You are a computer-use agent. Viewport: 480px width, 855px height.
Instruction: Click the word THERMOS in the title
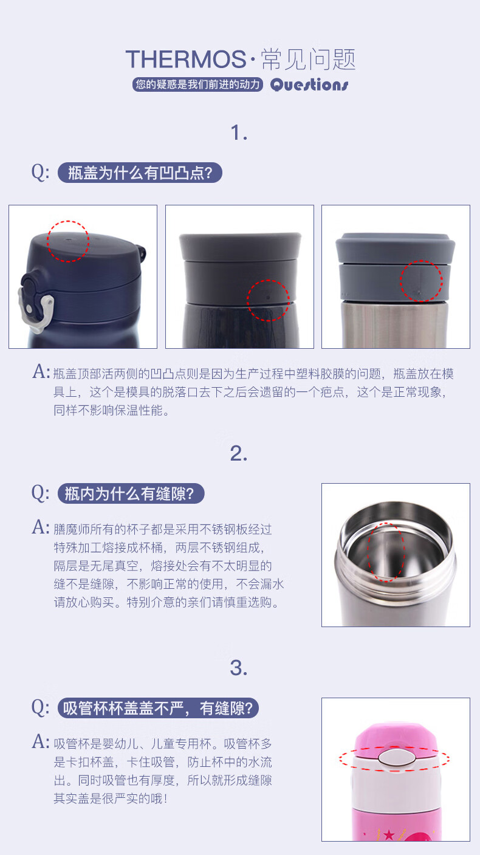coord(186,59)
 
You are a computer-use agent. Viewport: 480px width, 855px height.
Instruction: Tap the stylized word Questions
coord(309,84)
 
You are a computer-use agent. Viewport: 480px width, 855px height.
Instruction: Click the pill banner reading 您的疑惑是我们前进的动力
coord(197,84)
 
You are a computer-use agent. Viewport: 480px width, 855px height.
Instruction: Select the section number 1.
coord(239,132)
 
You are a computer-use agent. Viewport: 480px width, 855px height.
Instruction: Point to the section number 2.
coord(239,453)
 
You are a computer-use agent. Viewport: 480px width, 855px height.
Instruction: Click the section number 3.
coord(239,668)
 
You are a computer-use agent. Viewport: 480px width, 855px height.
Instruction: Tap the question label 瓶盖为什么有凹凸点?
coord(140,173)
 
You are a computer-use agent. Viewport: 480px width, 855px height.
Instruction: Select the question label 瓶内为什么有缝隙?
coord(131,493)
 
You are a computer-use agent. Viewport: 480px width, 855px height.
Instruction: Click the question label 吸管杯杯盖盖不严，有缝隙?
coord(158,708)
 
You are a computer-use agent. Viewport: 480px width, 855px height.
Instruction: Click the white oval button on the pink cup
coord(396,757)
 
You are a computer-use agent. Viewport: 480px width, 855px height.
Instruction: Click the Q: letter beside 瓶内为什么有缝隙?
coord(40,493)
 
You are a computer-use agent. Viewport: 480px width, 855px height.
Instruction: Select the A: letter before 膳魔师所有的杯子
coord(41,527)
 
